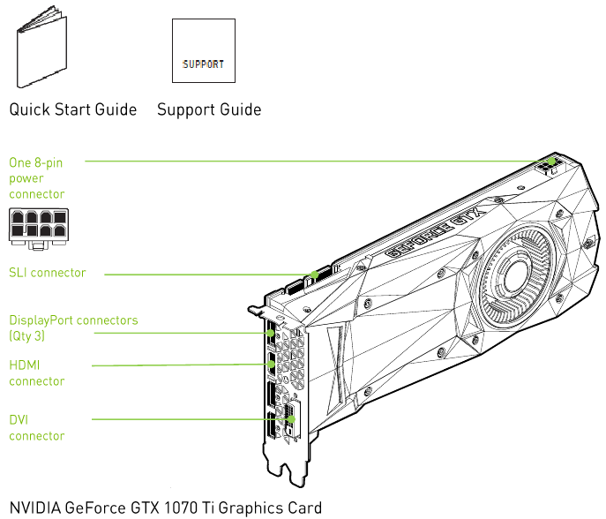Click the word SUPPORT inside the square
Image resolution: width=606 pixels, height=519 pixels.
click(203, 64)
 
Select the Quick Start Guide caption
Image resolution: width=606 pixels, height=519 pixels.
click(73, 110)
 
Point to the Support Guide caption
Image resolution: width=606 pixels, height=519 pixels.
click(209, 110)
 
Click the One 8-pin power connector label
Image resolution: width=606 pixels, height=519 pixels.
click(36, 177)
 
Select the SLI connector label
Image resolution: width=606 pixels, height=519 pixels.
click(48, 273)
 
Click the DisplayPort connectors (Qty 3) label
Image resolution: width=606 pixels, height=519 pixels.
click(73, 327)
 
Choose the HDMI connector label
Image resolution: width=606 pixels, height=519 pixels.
click(36, 372)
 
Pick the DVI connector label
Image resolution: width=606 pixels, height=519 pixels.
click(36, 427)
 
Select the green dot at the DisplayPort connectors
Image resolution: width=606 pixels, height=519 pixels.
click(269, 333)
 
